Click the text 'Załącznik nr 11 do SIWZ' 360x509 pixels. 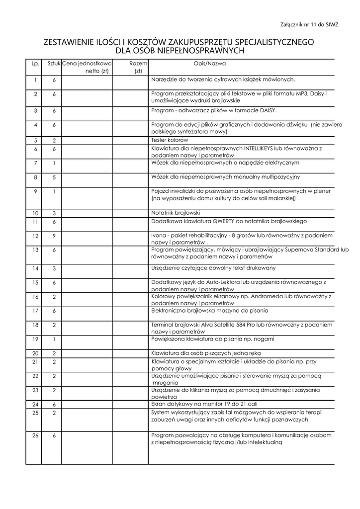coord(309,24)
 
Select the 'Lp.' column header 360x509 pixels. coord(35,64)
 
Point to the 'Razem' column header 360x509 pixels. coord(138,64)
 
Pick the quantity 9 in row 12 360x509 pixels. coord(54,236)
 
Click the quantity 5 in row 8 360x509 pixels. coord(54,177)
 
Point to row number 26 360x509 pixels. coord(35,436)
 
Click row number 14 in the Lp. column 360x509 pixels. coord(35,269)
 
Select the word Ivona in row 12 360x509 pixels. coord(159,235)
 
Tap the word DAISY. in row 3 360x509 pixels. coord(268,110)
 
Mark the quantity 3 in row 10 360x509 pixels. coord(54,213)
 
